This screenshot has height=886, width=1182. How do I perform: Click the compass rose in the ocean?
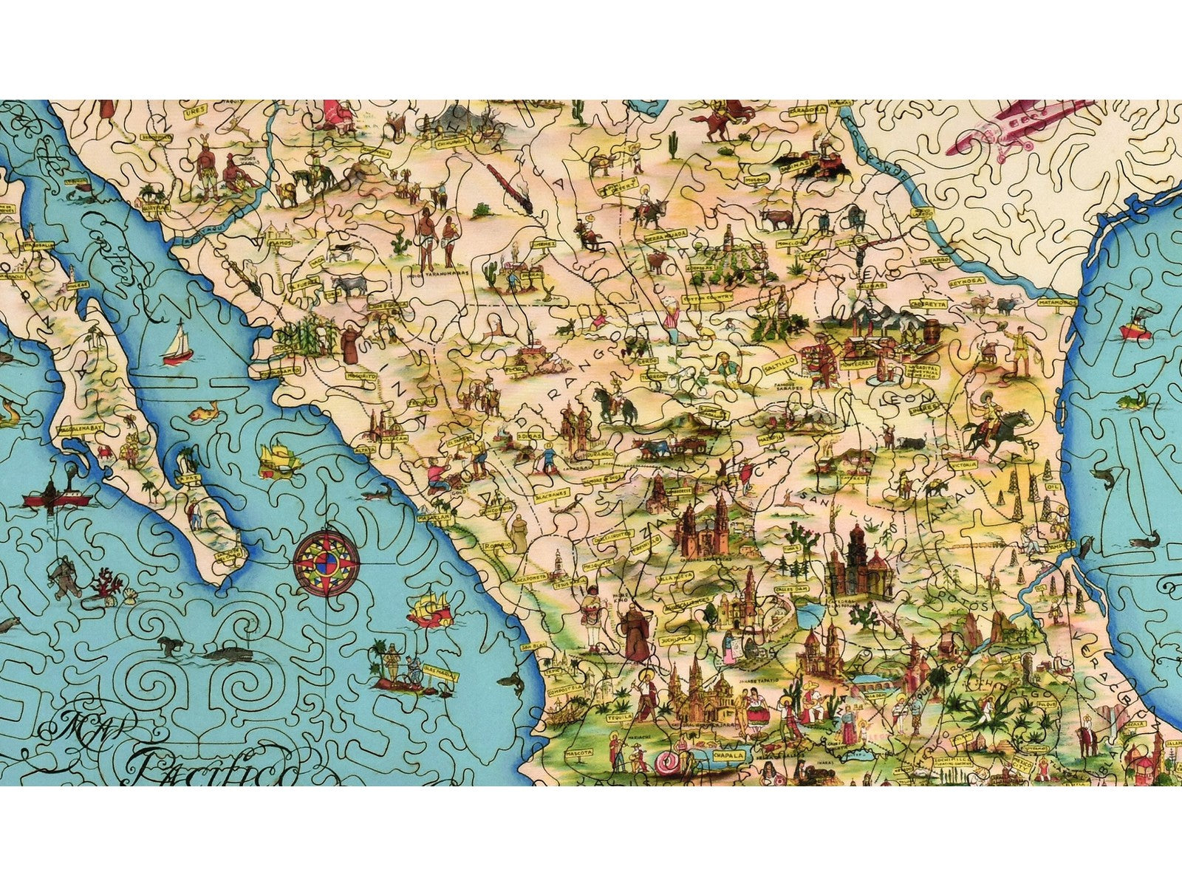[327, 563]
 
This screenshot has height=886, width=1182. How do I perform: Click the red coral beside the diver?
[107, 583]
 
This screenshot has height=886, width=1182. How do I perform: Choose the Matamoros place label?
[1054, 302]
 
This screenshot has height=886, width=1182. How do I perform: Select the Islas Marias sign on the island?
[440, 675]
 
